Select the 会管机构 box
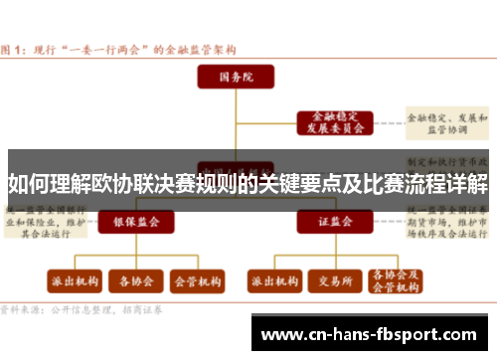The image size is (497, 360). tap(197, 282)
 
